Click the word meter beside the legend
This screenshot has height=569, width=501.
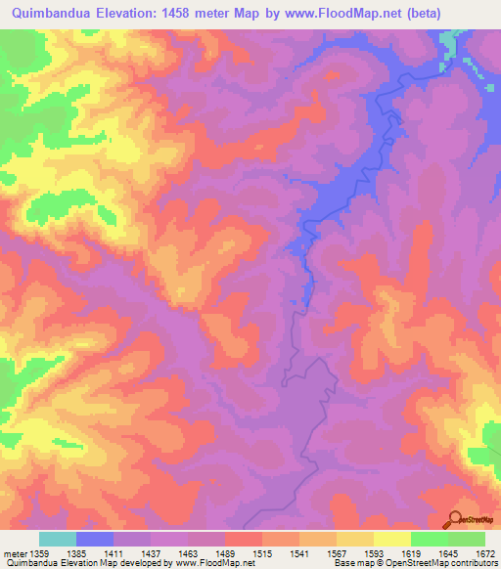[16, 553]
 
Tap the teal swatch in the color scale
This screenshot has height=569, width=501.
[58, 539]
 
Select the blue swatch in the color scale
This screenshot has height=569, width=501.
[95, 539]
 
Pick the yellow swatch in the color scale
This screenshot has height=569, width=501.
[391, 539]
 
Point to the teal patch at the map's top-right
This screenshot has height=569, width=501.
[451, 44]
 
